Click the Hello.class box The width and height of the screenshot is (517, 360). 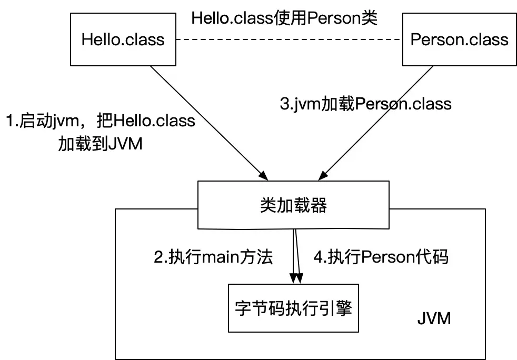123,39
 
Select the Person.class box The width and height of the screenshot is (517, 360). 459,39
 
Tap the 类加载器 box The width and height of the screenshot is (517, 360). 293,205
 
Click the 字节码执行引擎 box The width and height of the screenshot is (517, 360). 293,308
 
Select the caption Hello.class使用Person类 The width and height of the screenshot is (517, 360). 285,17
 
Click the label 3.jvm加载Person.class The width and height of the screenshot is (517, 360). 365,103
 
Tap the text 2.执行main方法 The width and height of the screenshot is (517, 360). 213,257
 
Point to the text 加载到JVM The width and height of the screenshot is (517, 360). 100,143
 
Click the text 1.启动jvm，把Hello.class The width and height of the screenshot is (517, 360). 100,121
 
